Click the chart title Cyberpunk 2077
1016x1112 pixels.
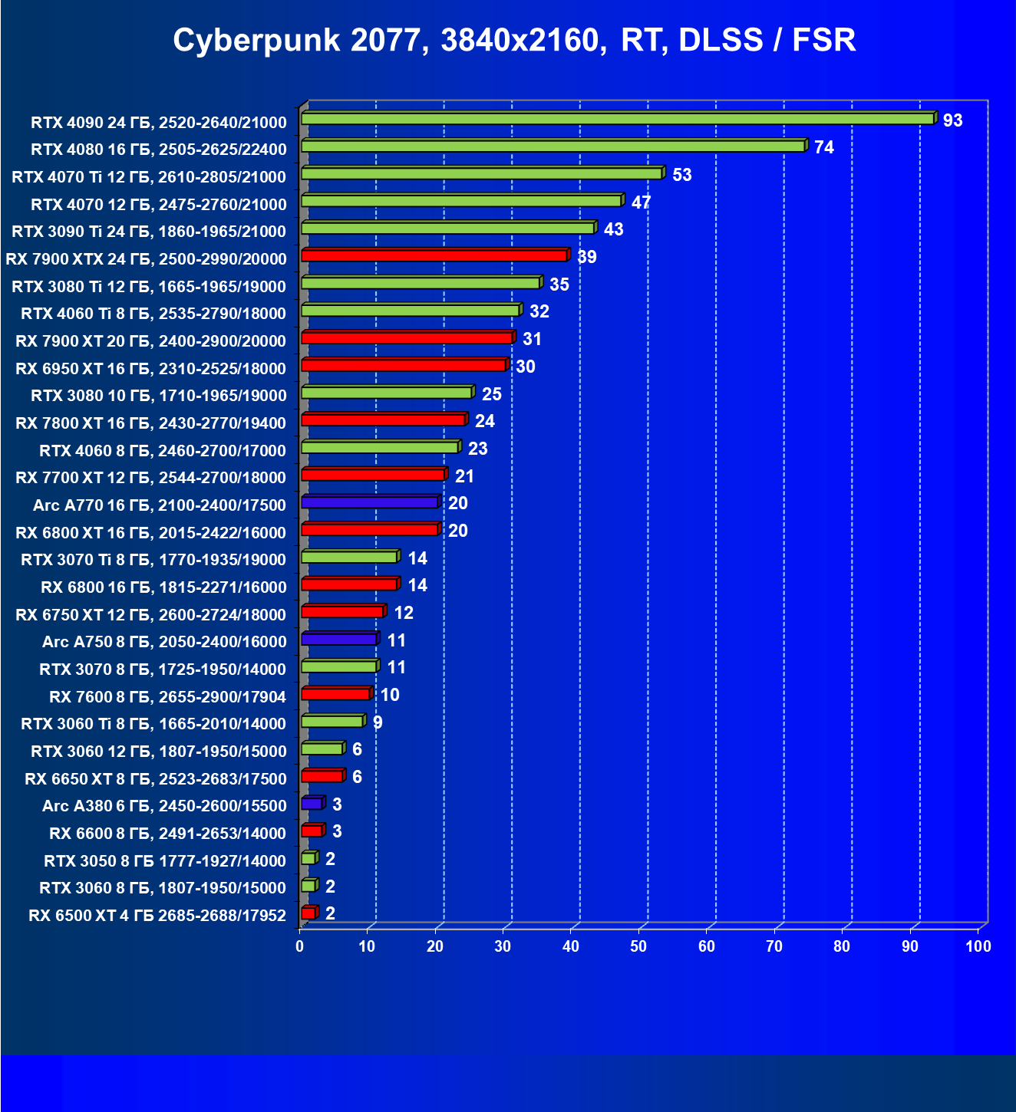point(514,40)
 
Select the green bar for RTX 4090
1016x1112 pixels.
point(618,119)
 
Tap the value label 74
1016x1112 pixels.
point(823,147)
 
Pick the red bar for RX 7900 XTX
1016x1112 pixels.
point(434,255)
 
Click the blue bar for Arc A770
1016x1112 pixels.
point(369,502)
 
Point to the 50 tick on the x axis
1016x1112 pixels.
point(638,946)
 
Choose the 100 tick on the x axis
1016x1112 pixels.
point(978,946)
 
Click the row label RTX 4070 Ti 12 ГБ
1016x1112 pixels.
point(149,177)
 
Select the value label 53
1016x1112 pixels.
point(681,175)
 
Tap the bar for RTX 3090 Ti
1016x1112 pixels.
point(448,228)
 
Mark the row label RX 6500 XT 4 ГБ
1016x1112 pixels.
point(157,916)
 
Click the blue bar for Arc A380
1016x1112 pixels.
point(312,804)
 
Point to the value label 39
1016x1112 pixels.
point(586,257)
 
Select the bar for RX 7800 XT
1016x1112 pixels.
point(383,420)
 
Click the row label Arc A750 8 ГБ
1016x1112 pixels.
point(164,642)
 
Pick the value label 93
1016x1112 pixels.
point(952,120)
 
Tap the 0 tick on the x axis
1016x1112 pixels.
point(300,946)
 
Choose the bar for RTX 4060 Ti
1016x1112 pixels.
point(411,311)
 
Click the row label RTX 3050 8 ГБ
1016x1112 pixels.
point(165,861)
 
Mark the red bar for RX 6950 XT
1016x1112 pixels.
point(404,365)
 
